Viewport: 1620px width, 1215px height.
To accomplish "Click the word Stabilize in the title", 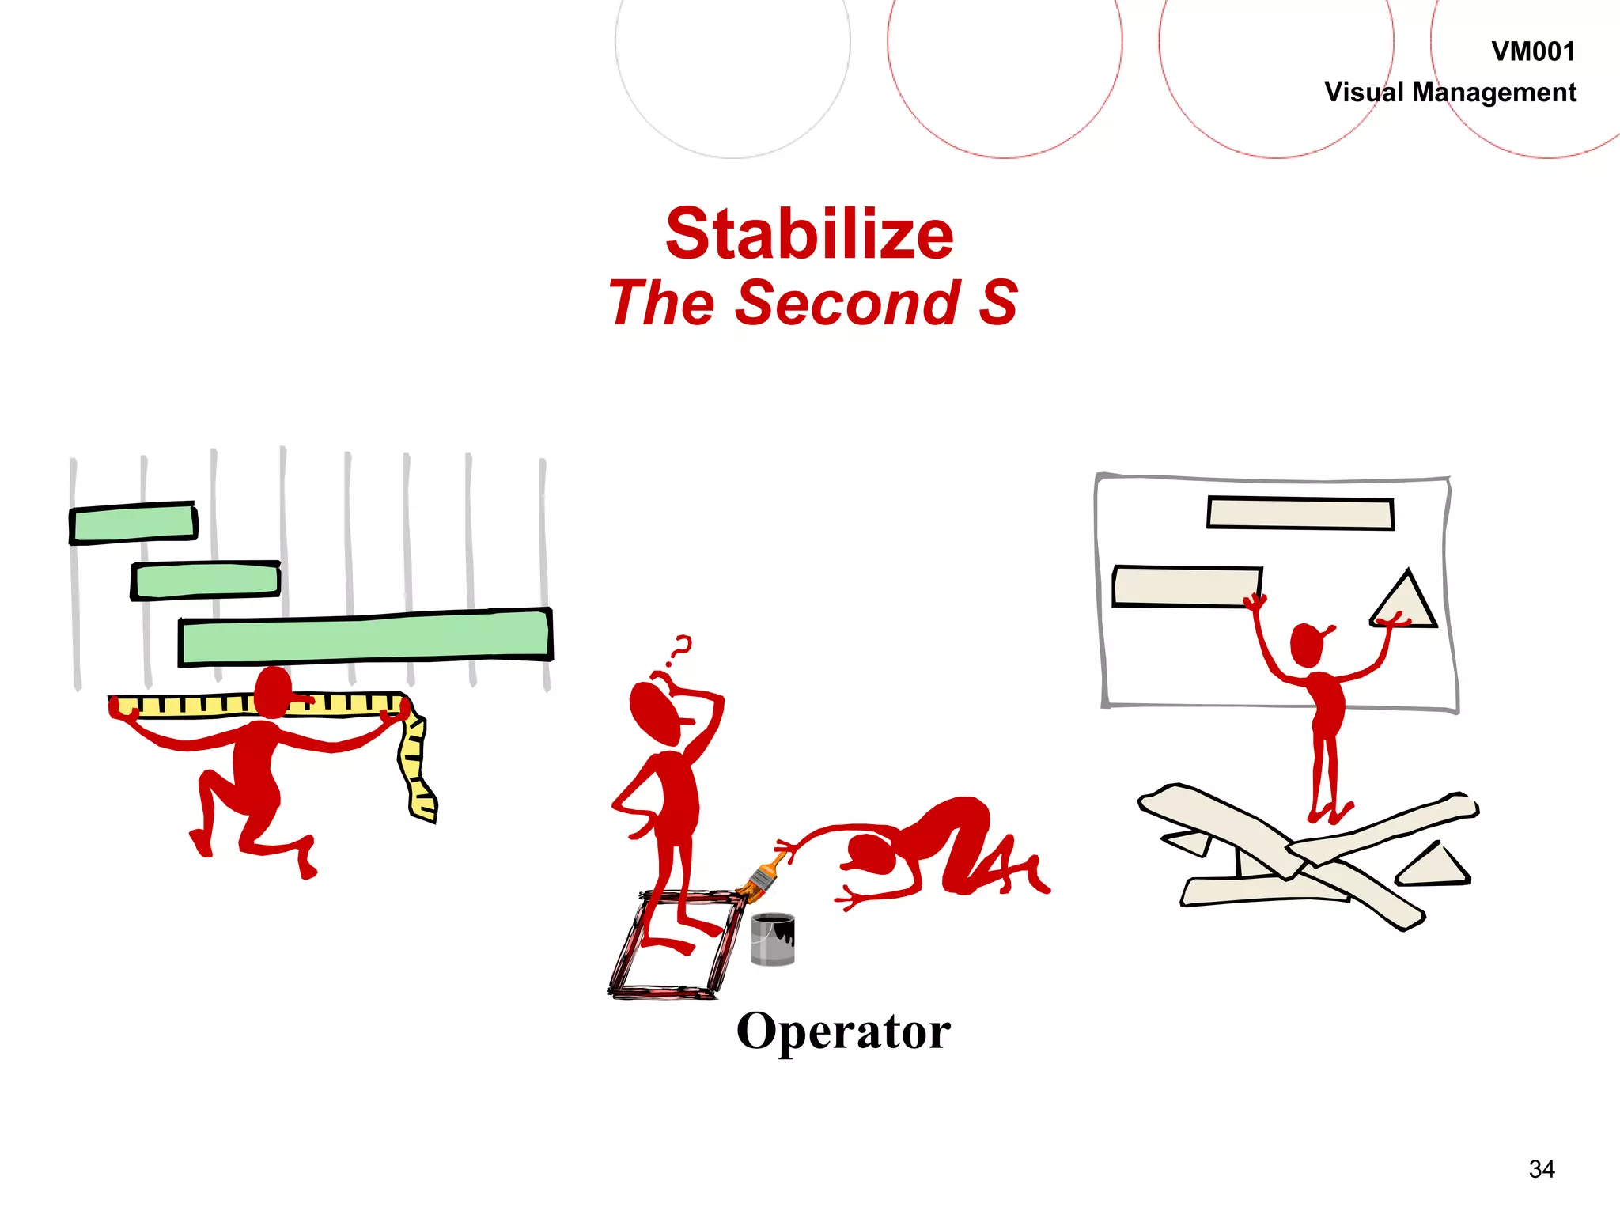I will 809,234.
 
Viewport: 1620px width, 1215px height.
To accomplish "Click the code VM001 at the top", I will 1532,51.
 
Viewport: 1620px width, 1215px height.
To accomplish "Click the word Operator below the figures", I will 842,1031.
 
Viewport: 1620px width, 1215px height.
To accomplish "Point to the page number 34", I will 1541,1168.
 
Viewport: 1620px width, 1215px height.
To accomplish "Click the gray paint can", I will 772,940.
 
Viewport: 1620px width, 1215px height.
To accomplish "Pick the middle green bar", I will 206,581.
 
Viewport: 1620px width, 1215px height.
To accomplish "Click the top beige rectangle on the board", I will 1300,513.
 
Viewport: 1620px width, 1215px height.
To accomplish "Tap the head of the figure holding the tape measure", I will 273,691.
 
